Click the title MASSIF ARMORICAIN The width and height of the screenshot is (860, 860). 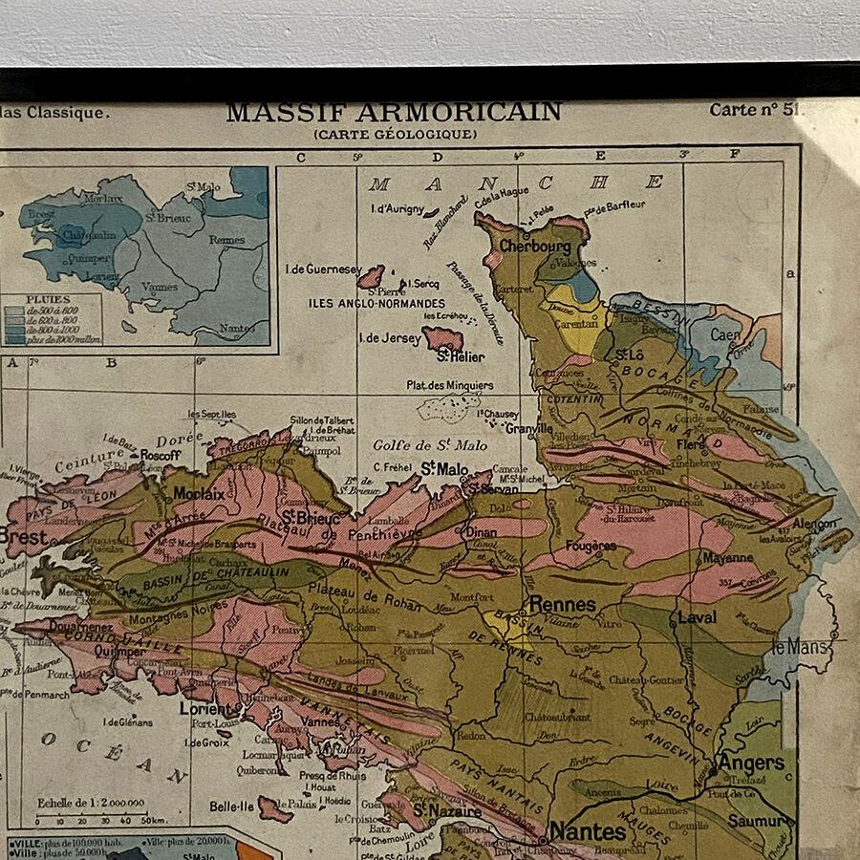pyautogui.click(x=393, y=113)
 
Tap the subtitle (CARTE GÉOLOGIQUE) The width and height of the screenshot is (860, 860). pyautogui.click(x=395, y=135)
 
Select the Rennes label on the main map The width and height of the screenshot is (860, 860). pyautogui.click(x=562, y=604)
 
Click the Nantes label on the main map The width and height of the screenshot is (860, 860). pyautogui.click(x=588, y=831)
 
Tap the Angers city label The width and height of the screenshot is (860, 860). pyautogui.click(x=751, y=763)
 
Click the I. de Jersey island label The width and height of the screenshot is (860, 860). pyautogui.click(x=389, y=337)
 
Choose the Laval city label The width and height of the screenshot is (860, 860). pyautogui.click(x=697, y=617)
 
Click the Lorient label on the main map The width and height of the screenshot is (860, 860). pyautogui.click(x=208, y=709)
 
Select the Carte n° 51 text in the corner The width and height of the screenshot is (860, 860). pyautogui.click(x=751, y=110)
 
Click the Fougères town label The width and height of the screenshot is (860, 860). pyautogui.click(x=590, y=546)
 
